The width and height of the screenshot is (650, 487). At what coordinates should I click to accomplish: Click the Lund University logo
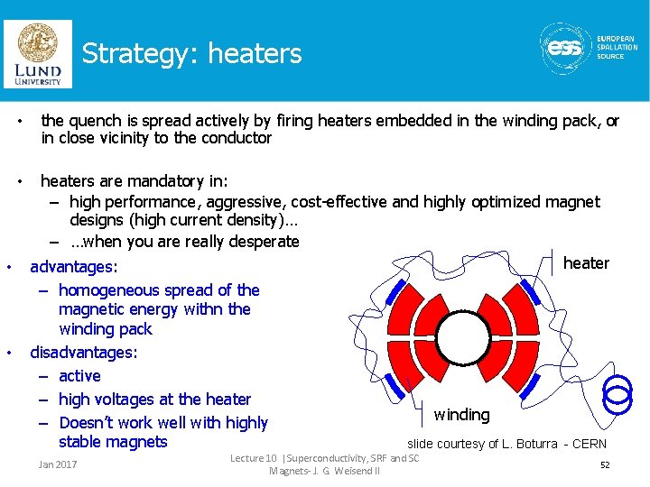pyautogui.click(x=37, y=53)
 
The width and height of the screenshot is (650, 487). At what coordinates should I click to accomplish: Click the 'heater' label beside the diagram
pyautogui.click(x=586, y=263)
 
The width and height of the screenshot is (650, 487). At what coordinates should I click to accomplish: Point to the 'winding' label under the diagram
pyautogui.click(x=461, y=415)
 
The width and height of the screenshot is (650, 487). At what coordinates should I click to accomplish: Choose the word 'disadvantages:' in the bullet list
pyautogui.click(x=84, y=353)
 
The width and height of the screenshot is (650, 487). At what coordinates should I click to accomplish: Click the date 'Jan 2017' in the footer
pyautogui.click(x=57, y=464)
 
